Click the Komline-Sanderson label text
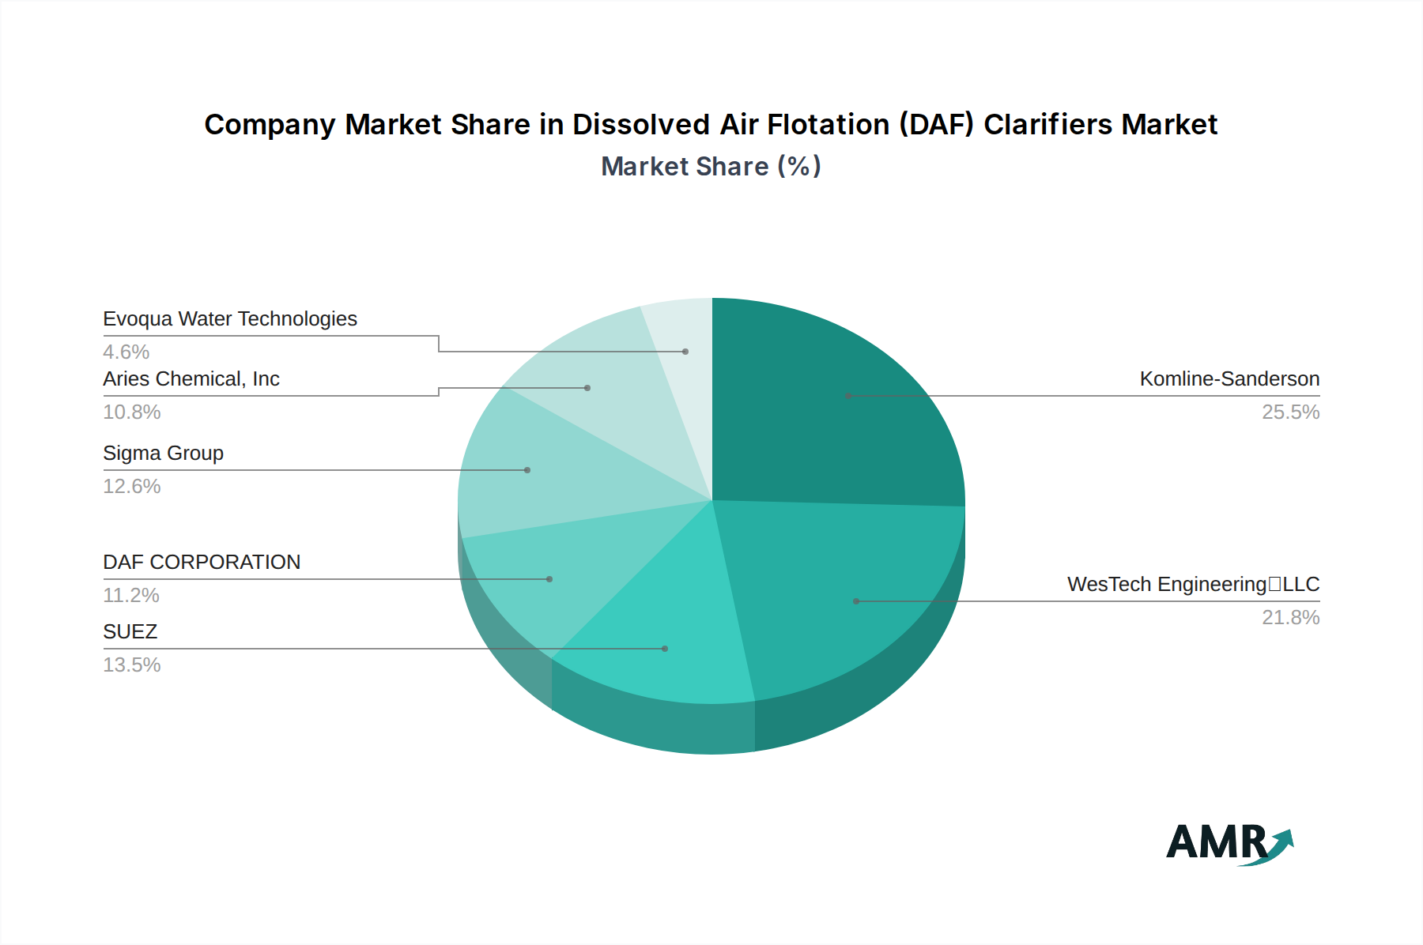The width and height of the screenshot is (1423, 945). point(1229,379)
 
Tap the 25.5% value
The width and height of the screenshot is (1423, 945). point(1290,412)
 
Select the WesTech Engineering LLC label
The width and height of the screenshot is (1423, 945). point(1193,585)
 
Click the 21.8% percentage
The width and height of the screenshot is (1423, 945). point(1290,618)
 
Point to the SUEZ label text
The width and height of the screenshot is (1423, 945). point(130,632)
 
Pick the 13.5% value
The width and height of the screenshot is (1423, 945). point(132,665)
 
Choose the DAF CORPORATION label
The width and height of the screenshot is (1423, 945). point(202,563)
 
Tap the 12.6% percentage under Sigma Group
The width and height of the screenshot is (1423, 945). point(132,487)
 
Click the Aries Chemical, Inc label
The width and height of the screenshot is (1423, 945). point(191,379)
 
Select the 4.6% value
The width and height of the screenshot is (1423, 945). point(126,352)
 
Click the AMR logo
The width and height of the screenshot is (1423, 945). point(1229,843)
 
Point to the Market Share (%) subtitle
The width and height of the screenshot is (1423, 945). point(711,167)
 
